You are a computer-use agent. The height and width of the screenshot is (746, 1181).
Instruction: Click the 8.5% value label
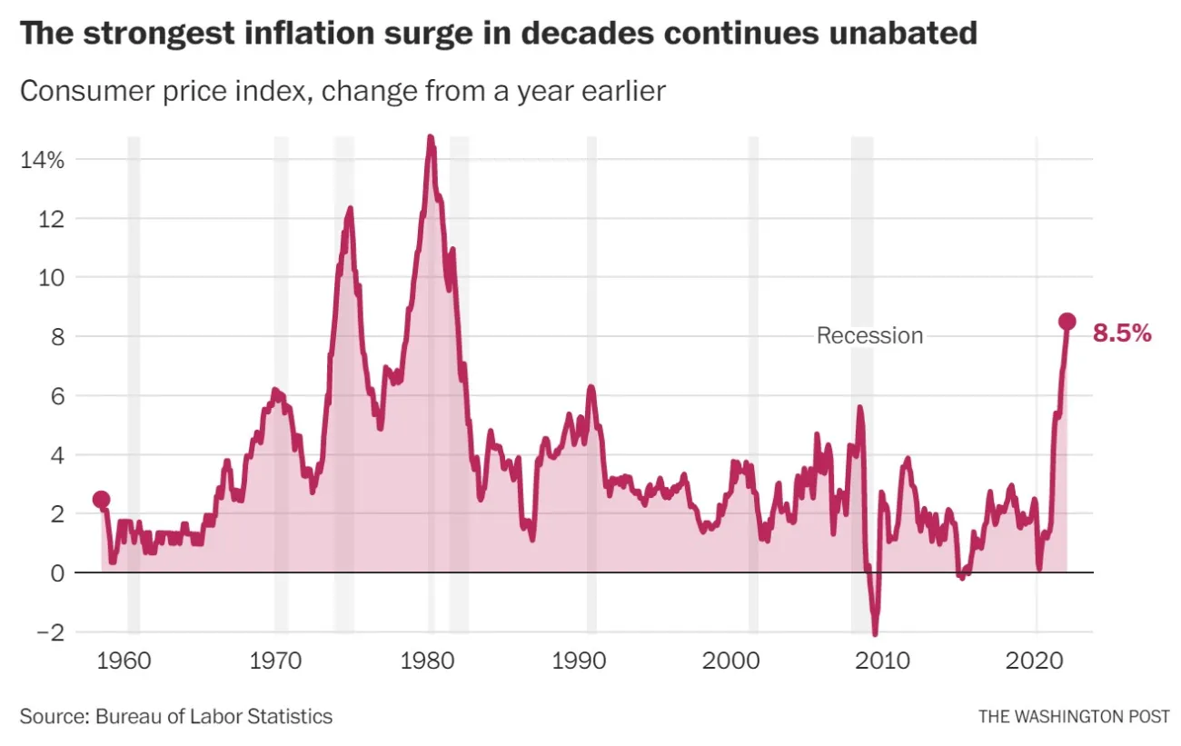tap(1122, 334)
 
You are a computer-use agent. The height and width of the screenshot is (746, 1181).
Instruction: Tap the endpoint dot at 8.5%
tap(1067, 322)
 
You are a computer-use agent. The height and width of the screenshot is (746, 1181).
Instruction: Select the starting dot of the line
tap(102, 500)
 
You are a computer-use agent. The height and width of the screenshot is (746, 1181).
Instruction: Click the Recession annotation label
tap(869, 335)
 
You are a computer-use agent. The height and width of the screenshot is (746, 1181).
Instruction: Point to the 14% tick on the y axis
tap(42, 160)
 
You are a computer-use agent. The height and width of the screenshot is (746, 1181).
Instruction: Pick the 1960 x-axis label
tap(123, 661)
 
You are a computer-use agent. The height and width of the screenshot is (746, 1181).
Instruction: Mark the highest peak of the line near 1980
tap(431, 138)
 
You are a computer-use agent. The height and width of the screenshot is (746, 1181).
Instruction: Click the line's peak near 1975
tap(349, 209)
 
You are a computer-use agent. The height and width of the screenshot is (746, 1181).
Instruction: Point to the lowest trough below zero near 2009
tap(875, 633)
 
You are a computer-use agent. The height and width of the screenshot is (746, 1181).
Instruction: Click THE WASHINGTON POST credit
tap(1074, 716)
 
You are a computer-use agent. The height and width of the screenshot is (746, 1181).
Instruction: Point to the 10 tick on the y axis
tap(51, 278)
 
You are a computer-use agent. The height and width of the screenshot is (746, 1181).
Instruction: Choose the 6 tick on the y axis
tap(55, 396)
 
